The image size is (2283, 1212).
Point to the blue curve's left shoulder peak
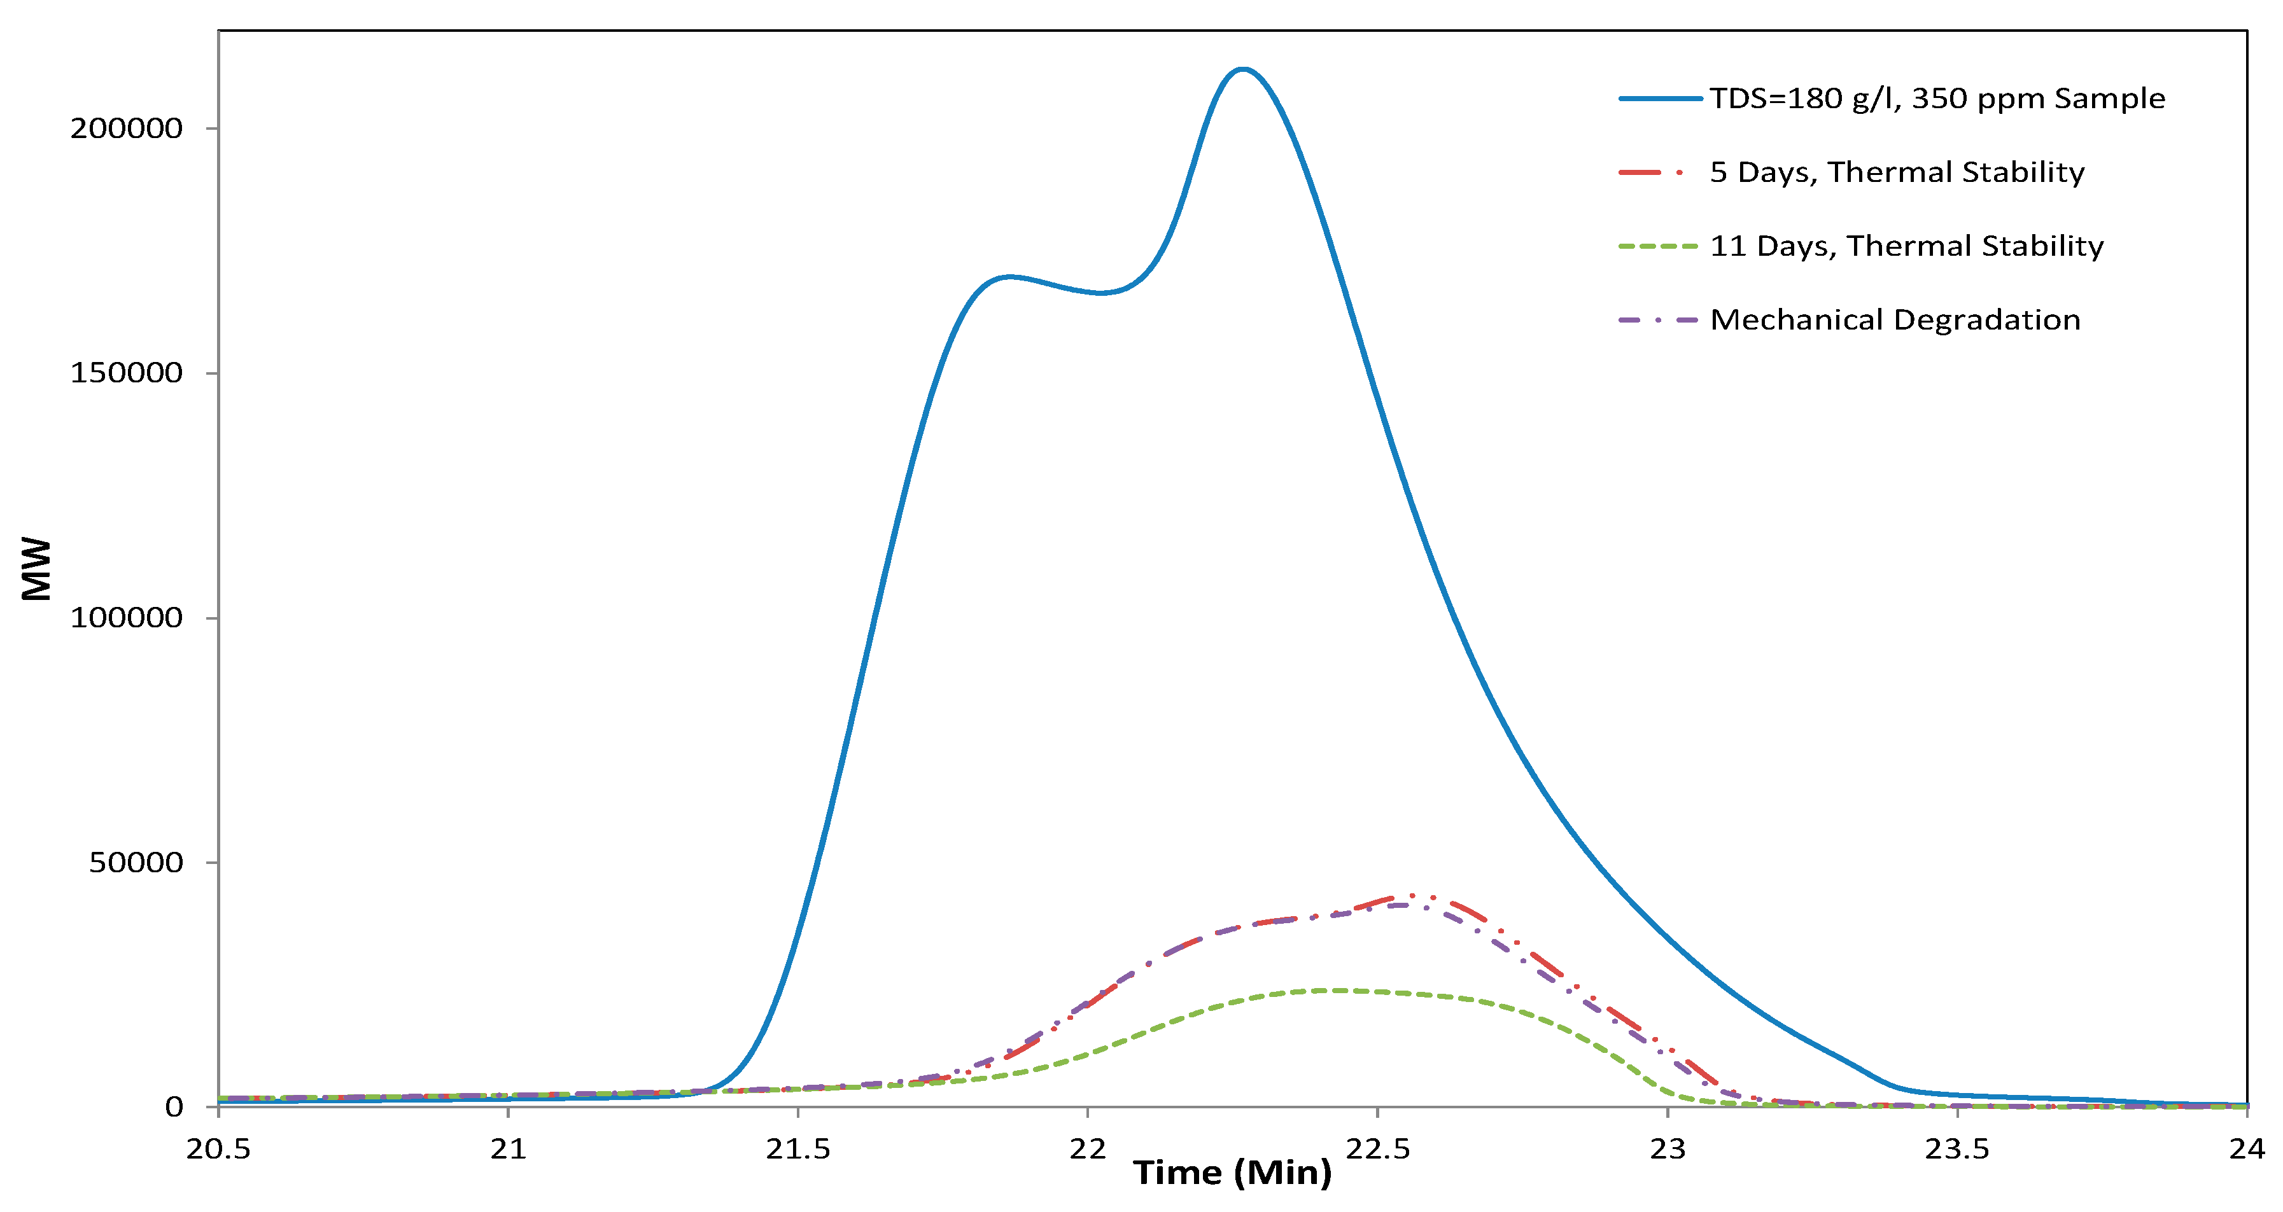[1009, 277]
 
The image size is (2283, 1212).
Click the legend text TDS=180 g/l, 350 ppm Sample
[1937, 99]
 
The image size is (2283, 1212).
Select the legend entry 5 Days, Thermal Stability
[1897, 172]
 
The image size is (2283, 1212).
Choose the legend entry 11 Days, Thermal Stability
[1906, 246]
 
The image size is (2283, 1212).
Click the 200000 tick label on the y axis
[127, 129]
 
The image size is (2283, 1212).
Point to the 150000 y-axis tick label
[127, 373]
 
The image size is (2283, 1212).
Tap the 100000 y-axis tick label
[127, 618]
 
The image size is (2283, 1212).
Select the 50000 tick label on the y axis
[136, 862]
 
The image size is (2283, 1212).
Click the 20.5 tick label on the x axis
[218, 1149]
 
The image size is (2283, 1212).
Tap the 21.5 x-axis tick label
[797, 1149]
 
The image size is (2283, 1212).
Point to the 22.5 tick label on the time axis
[1377, 1149]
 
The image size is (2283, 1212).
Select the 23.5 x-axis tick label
[1957, 1149]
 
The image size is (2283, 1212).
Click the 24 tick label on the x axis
[2247, 1149]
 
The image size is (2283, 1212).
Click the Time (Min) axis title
[1232, 1173]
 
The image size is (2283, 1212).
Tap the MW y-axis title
[37, 569]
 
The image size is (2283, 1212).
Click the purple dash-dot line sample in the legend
[1658, 319]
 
